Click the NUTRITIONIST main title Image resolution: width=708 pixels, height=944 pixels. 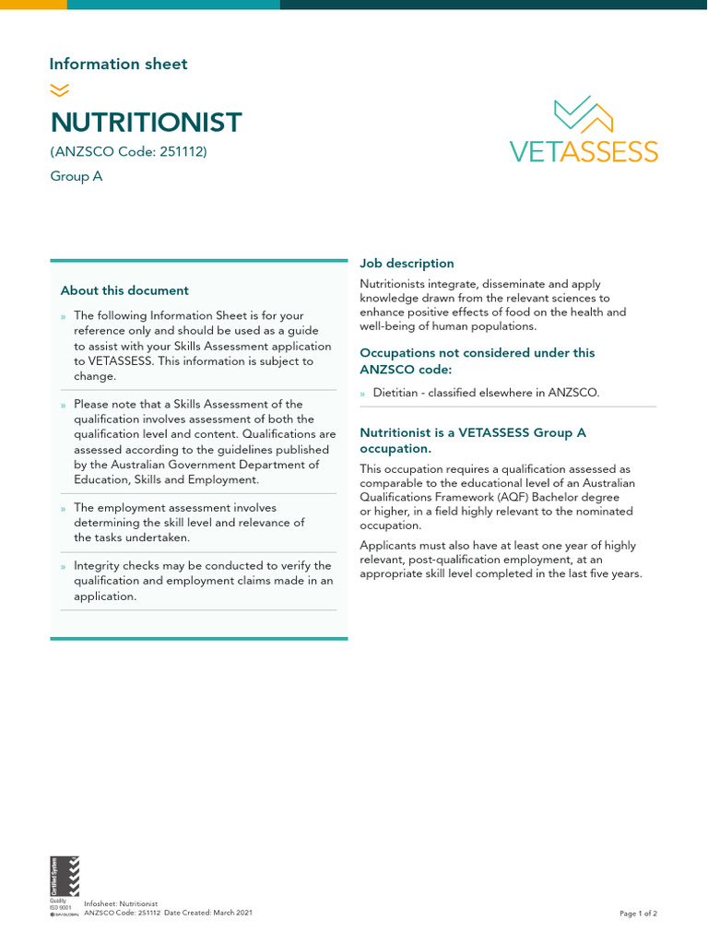[146, 123]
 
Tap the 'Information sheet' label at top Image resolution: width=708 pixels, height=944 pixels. [118, 64]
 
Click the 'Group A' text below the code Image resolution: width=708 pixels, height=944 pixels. [76, 176]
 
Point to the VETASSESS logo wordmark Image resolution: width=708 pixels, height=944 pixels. [584, 151]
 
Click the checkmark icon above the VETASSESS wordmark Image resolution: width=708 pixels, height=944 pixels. [584, 112]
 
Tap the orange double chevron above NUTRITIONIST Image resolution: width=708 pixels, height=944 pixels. [59, 89]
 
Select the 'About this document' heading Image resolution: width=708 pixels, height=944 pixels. [124, 290]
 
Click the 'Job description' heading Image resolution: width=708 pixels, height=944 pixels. [407, 264]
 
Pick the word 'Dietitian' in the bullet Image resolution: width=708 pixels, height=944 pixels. [397, 393]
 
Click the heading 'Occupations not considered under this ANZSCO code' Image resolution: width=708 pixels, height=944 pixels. [477, 360]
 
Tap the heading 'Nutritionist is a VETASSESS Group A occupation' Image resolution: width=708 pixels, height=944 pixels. [473, 440]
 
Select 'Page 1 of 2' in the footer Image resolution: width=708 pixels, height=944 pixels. [638, 914]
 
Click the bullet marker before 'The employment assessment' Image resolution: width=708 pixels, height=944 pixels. [63, 508]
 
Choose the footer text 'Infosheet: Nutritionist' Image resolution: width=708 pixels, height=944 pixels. [121, 904]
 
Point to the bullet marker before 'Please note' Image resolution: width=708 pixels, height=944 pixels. [63, 405]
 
